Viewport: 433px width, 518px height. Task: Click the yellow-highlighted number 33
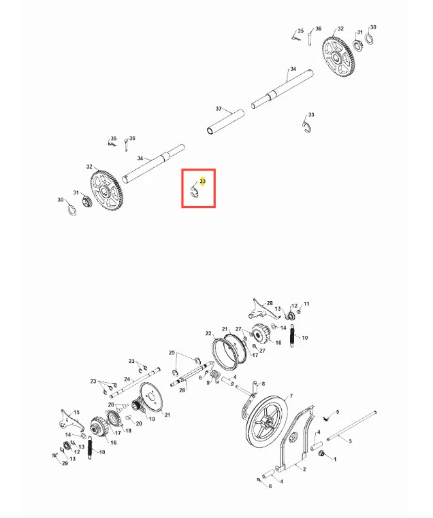click(x=202, y=181)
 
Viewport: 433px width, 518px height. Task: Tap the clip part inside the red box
click(x=194, y=192)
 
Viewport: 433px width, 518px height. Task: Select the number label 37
click(x=219, y=108)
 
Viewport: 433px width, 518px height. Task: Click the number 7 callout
click(x=291, y=396)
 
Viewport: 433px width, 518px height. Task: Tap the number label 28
click(x=270, y=303)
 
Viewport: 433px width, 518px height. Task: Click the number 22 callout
click(x=208, y=333)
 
